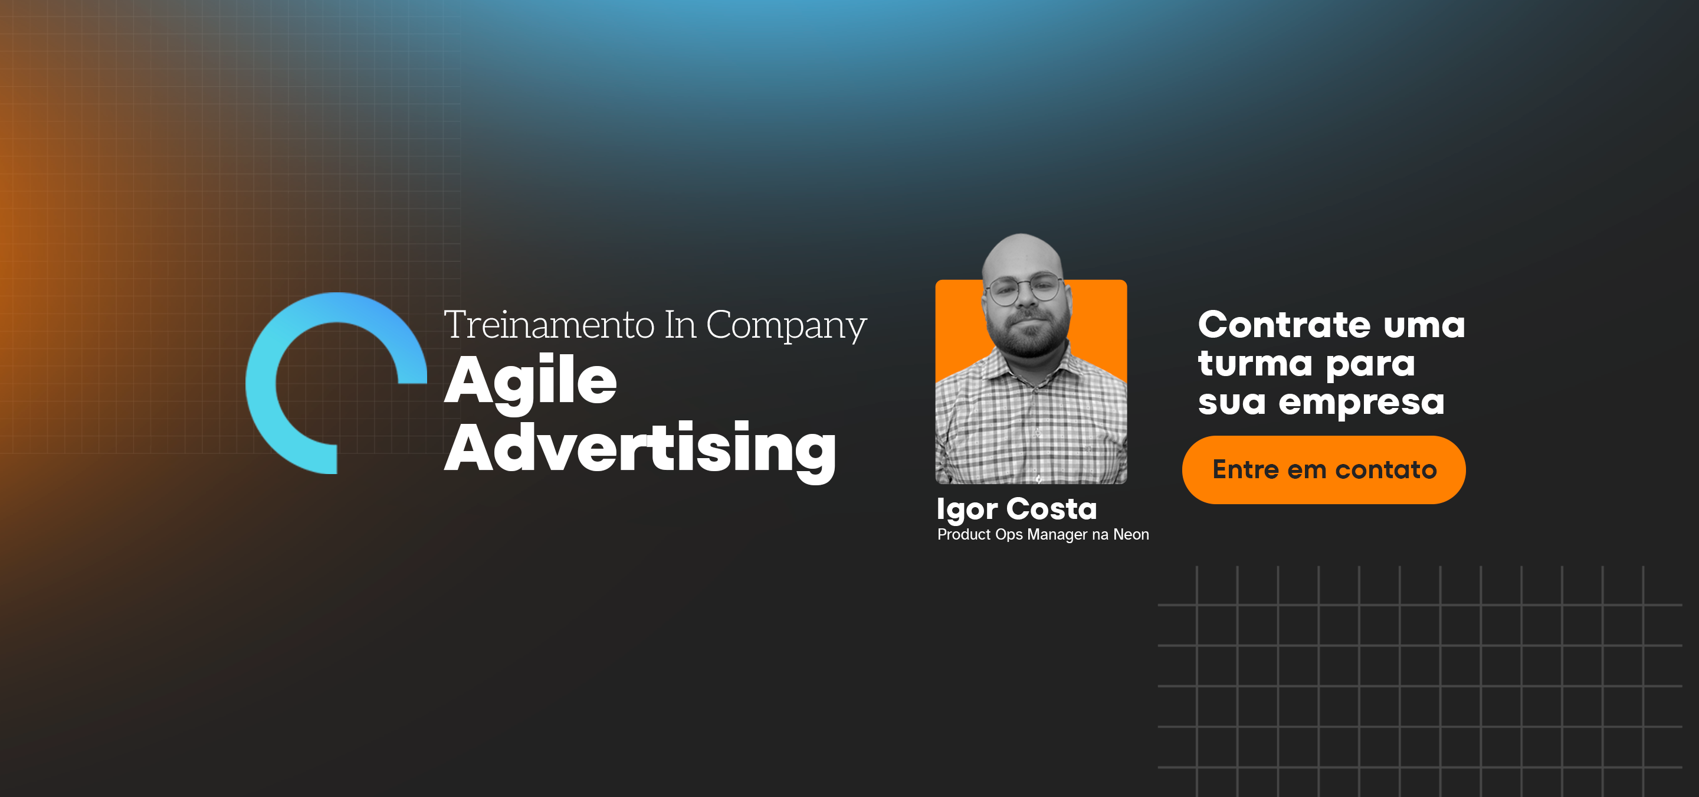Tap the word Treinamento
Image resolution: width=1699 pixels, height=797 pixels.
[x=549, y=325]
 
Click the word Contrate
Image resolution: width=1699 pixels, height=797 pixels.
[x=1284, y=325]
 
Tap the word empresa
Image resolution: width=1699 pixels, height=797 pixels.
[x=1362, y=403]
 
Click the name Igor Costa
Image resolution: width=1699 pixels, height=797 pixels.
[x=1016, y=509]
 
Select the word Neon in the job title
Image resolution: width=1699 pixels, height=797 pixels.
[x=1130, y=534]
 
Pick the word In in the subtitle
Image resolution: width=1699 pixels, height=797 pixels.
[x=680, y=325]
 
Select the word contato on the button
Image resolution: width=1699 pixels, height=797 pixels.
[x=1386, y=470]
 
